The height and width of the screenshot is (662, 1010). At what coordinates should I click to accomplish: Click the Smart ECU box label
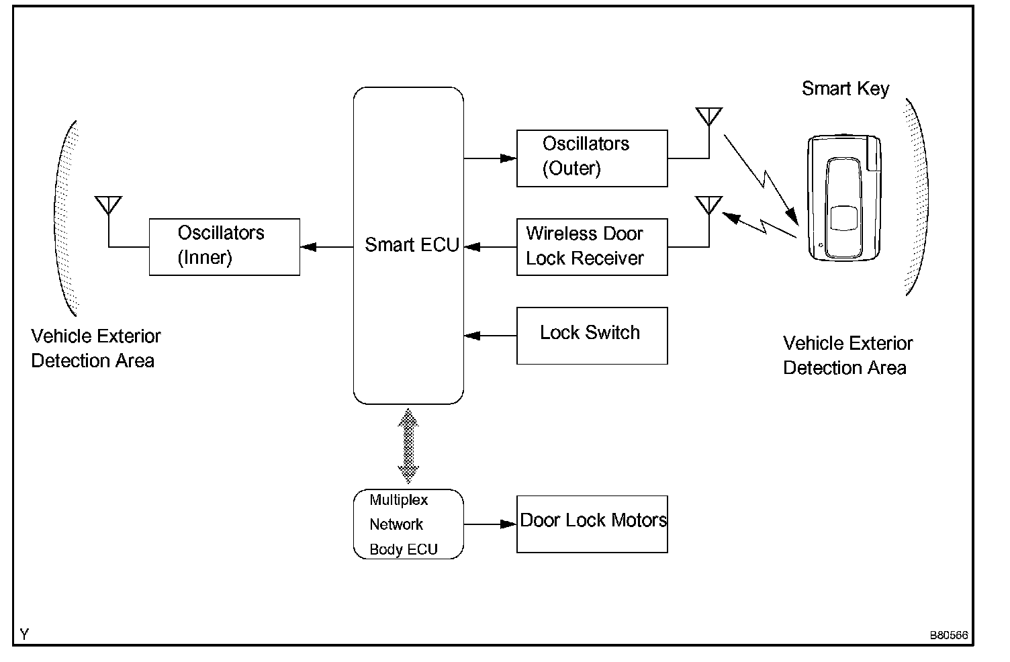pyautogui.click(x=411, y=245)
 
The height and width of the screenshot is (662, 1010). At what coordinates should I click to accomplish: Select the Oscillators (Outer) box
pyautogui.click(x=592, y=158)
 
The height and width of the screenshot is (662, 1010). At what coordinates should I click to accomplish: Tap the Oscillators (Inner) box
pyautogui.click(x=224, y=246)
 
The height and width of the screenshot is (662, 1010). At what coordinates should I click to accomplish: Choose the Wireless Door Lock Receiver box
pyautogui.click(x=592, y=246)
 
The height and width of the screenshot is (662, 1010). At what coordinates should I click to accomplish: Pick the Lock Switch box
pyautogui.click(x=592, y=335)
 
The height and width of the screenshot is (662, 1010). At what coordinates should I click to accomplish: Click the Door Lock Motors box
pyautogui.click(x=592, y=524)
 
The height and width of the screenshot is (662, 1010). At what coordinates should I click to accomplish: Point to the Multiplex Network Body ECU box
pyautogui.click(x=408, y=524)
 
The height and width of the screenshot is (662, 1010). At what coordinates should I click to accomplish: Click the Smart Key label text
pyautogui.click(x=845, y=89)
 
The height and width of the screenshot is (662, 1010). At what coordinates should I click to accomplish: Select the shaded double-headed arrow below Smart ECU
pyautogui.click(x=408, y=446)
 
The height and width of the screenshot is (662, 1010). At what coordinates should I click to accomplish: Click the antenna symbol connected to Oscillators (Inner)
pyautogui.click(x=108, y=205)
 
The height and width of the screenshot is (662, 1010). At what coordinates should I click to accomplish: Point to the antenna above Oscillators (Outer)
pyautogui.click(x=709, y=117)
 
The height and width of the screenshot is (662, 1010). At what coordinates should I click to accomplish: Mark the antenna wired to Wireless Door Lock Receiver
pyautogui.click(x=709, y=205)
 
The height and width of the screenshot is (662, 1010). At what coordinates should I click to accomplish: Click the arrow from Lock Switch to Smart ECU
pyautogui.click(x=490, y=335)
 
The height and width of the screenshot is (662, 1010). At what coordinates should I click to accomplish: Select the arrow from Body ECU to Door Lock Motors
pyautogui.click(x=490, y=524)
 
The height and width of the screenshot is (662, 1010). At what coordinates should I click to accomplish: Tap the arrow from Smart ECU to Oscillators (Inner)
pyautogui.click(x=326, y=247)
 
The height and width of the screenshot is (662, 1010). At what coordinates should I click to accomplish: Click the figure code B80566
pyautogui.click(x=948, y=635)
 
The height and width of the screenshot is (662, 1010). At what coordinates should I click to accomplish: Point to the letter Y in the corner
pyautogui.click(x=25, y=634)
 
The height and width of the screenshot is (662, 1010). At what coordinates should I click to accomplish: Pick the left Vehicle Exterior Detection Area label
pyautogui.click(x=95, y=348)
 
